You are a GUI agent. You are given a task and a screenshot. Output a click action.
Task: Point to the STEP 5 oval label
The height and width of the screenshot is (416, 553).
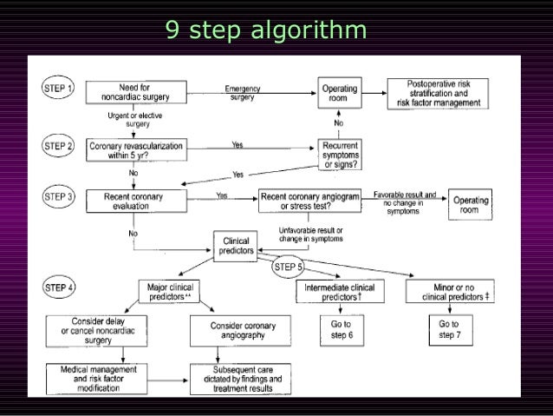tap(288, 267)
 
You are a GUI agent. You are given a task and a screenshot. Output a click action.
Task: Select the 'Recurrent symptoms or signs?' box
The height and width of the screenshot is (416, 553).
tap(341, 155)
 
